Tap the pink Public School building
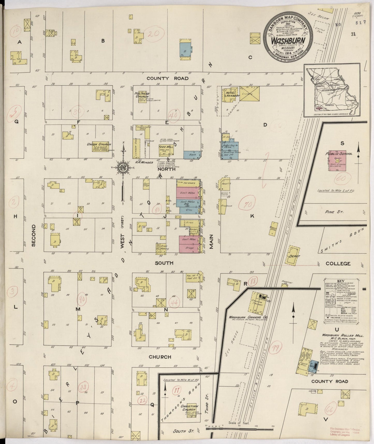tap(337, 161)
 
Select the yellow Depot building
tap(292, 256)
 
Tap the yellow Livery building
tap(249, 94)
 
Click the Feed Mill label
tap(164, 146)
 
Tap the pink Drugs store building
tap(189, 248)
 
